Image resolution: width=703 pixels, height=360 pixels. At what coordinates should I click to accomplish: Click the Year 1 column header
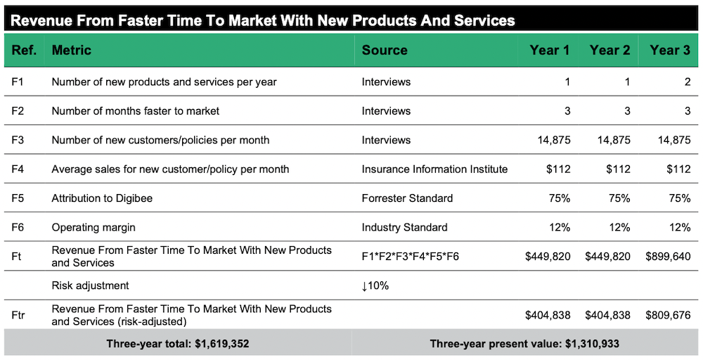pos(550,50)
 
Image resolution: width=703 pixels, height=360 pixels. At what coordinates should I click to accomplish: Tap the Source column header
pos(385,50)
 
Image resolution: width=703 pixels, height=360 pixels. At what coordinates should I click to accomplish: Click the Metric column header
pos(72,50)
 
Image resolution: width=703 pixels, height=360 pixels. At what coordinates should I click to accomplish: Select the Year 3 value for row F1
pos(686,82)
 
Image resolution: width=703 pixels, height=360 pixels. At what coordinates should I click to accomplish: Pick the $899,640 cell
pos(668,257)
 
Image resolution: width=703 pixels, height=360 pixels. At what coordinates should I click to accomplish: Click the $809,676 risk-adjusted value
pos(668,315)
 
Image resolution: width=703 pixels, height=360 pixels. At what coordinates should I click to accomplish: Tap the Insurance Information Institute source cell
pos(434,169)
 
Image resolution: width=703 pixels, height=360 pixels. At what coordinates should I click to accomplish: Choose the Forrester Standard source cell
pos(407,198)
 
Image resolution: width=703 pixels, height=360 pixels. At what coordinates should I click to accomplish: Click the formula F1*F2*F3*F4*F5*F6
pos(411,257)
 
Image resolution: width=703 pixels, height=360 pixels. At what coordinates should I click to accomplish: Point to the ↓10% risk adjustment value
pos(375,286)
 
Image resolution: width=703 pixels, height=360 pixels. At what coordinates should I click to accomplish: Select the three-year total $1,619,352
pos(178,345)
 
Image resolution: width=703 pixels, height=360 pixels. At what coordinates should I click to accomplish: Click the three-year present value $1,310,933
pos(525,345)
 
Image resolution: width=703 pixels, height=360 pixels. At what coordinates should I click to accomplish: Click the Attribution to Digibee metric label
pos(102,198)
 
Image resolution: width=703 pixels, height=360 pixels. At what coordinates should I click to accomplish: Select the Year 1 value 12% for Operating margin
pos(559,227)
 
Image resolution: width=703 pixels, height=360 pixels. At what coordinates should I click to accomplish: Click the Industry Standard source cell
pos(404,227)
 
